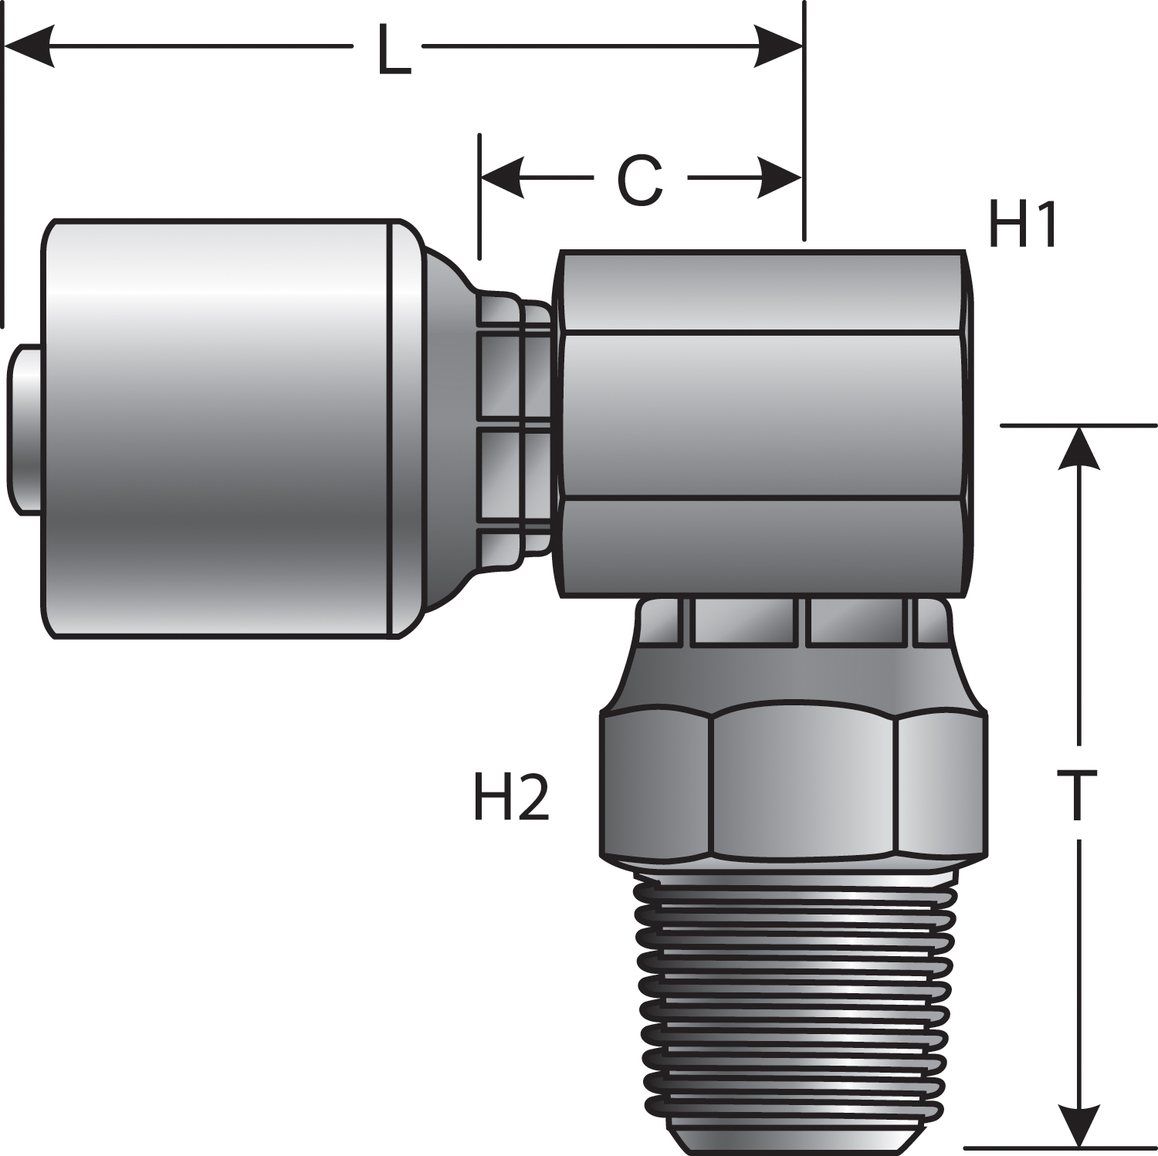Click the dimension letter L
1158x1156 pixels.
[x=393, y=51]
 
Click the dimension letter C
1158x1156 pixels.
[x=640, y=180]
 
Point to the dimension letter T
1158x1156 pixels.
[x=1076, y=796]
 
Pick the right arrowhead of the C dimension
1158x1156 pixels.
[x=780, y=178]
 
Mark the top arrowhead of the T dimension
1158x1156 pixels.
[x=1078, y=448]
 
